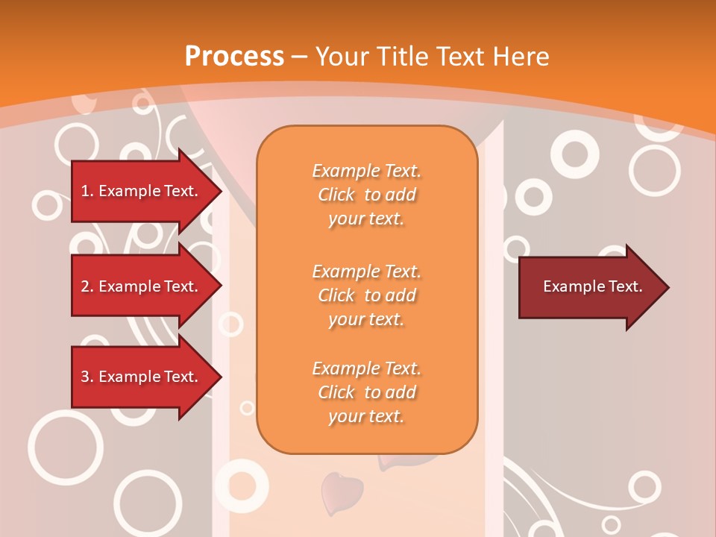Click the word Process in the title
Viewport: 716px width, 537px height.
pyautogui.click(x=234, y=57)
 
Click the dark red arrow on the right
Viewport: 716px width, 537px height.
pyautogui.click(x=589, y=286)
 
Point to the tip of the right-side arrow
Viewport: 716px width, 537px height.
pyautogui.click(x=668, y=287)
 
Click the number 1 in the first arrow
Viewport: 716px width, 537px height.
pyautogui.click(x=84, y=191)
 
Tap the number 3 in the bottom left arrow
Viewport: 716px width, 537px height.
pyautogui.click(x=84, y=377)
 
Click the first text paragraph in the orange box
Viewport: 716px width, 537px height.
pyautogui.click(x=366, y=195)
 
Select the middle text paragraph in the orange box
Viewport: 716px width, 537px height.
pyautogui.click(x=366, y=295)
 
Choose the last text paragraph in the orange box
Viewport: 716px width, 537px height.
pyautogui.click(x=366, y=392)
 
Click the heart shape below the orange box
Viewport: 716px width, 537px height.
pyautogui.click(x=342, y=491)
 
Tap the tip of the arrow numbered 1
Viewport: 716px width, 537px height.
pyautogui.click(x=221, y=191)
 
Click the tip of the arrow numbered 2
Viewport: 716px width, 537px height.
pyautogui.click(x=221, y=286)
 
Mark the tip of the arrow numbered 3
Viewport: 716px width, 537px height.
pyautogui.click(x=221, y=377)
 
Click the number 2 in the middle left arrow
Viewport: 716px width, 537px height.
pyautogui.click(x=84, y=286)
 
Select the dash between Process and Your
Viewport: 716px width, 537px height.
pyautogui.click(x=300, y=57)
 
